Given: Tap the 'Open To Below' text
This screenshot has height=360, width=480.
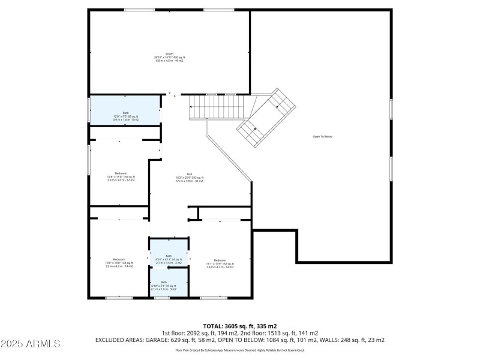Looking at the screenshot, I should click(x=322, y=137).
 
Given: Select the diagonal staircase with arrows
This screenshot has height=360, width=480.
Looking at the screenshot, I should click(x=266, y=118).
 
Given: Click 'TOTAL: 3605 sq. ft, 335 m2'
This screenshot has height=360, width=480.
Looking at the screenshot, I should click(x=239, y=326).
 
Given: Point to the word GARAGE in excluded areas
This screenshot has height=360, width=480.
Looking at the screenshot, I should click(x=165, y=340).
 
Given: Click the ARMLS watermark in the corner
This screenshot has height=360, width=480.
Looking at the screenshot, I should click(x=31, y=344).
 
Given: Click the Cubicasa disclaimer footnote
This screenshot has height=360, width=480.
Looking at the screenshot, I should click(x=239, y=350).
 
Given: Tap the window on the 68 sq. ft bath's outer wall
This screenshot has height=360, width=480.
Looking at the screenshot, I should click(x=89, y=110).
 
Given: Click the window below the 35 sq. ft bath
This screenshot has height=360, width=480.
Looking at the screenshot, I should click(x=162, y=298).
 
